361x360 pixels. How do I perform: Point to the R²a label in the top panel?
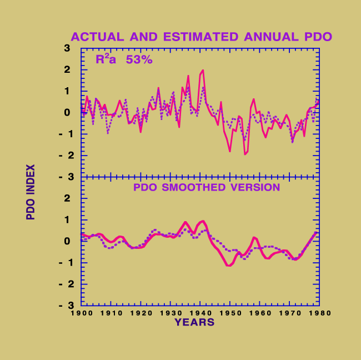point(106,59)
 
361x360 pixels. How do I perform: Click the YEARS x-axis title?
point(194,322)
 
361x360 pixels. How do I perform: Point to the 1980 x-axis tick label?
point(321,313)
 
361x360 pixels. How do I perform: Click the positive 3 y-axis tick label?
point(67,48)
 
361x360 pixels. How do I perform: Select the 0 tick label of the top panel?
point(67,113)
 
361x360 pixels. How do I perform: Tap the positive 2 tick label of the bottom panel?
point(67,198)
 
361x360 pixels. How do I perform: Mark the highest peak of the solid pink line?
point(203,70)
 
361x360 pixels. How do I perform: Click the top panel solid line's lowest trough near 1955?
point(244,154)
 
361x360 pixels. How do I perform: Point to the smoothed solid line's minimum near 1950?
point(229,266)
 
